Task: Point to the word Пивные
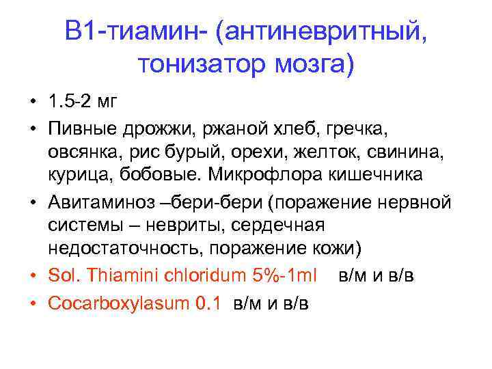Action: point(77,128)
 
